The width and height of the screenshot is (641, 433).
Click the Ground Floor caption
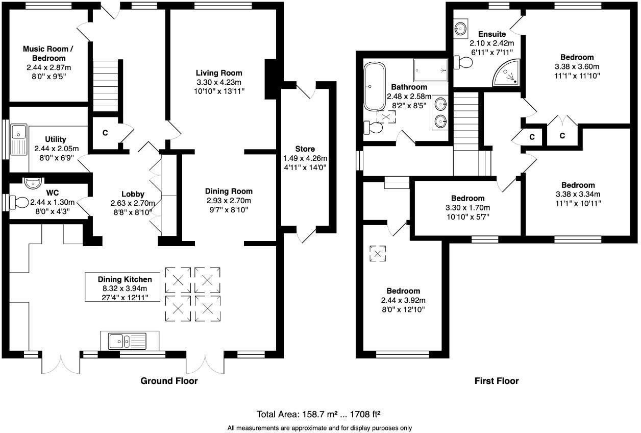169,381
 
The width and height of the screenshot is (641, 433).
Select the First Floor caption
496,381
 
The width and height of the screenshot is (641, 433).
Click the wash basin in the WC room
33,182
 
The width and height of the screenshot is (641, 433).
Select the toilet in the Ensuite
464,62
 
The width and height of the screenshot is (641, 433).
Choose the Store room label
305,149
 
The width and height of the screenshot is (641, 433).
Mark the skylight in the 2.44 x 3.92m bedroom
378,253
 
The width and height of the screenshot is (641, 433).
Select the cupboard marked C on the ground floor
105,133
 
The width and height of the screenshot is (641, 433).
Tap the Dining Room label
229,191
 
